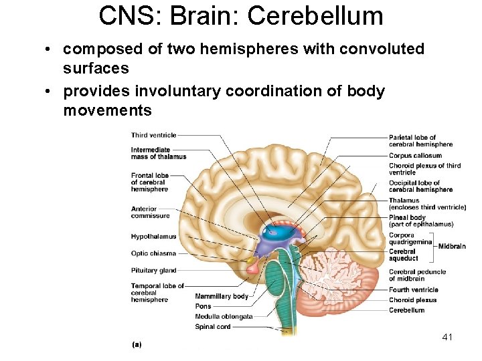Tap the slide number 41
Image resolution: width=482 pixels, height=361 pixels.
pyautogui.click(x=447, y=337)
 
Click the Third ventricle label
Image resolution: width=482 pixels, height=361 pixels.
pyautogui.click(x=153, y=135)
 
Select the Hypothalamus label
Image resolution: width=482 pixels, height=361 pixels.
pyautogui.click(x=153, y=237)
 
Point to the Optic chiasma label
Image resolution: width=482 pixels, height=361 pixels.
pyautogui.click(x=153, y=253)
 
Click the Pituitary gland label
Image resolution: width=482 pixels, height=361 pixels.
pyautogui.click(x=154, y=271)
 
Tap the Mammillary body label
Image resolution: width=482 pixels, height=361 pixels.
pyautogui.click(x=222, y=296)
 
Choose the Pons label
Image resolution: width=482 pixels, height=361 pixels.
pyautogui.click(x=203, y=306)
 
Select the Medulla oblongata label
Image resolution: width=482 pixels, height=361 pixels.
pyautogui.click(x=224, y=316)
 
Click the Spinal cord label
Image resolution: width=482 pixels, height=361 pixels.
pyautogui.click(x=212, y=327)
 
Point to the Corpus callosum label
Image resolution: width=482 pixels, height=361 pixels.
pyautogui.click(x=415, y=156)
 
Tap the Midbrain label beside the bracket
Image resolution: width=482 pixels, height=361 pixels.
pyautogui.click(x=452, y=246)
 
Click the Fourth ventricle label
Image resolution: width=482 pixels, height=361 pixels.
pyautogui.click(x=413, y=290)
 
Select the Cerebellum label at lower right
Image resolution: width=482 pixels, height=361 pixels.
pyautogui.click(x=406, y=310)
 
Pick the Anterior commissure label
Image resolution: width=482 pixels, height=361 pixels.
pyautogui.click(x=151, y=212)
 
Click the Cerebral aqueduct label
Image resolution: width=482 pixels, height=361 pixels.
pyautogui.click(x=404, y=255)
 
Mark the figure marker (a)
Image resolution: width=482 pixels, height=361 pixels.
pyautogui.click(x=137, y=344)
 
